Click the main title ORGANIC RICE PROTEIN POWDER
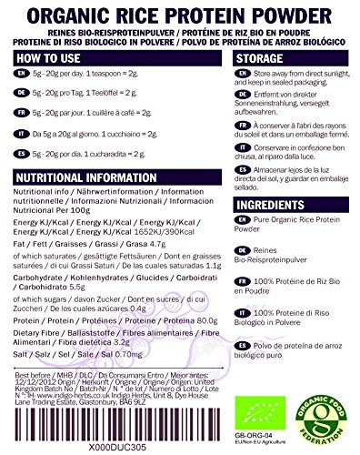click(x=179, y=13)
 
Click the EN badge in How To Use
click(x=16, y=77)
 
